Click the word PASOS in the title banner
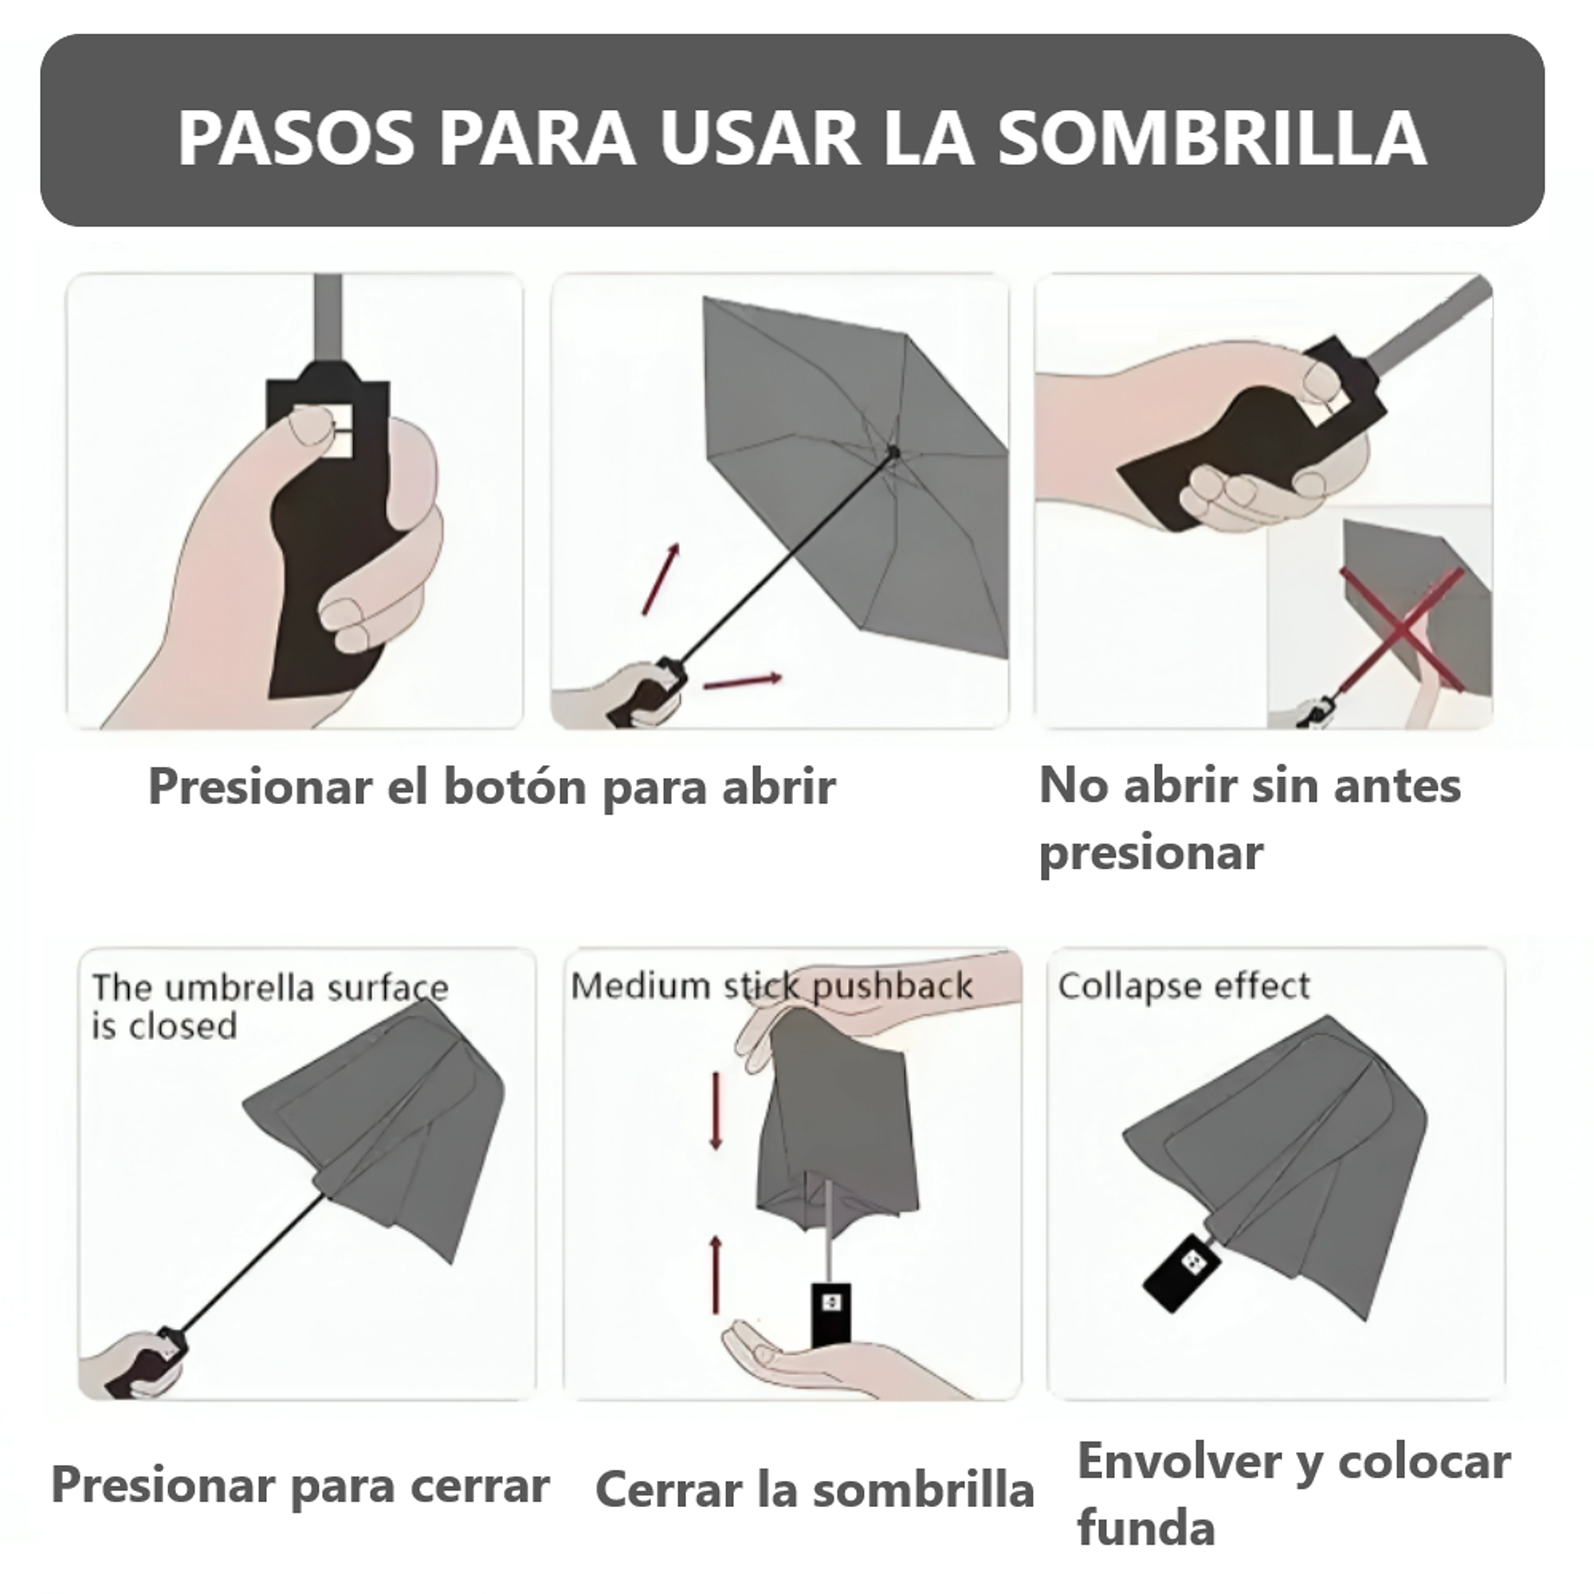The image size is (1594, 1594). coord(296,138)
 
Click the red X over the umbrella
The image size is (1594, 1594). coord(1400,629)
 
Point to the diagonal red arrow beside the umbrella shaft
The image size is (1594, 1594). coord(661,579)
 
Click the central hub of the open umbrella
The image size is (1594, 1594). coord(892,452)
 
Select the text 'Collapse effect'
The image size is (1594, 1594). coord(1183,986)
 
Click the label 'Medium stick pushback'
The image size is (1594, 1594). coord(771,986)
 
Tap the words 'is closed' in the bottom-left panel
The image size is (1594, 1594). coord(164,1027)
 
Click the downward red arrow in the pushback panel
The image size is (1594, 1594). coord(716,1112)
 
